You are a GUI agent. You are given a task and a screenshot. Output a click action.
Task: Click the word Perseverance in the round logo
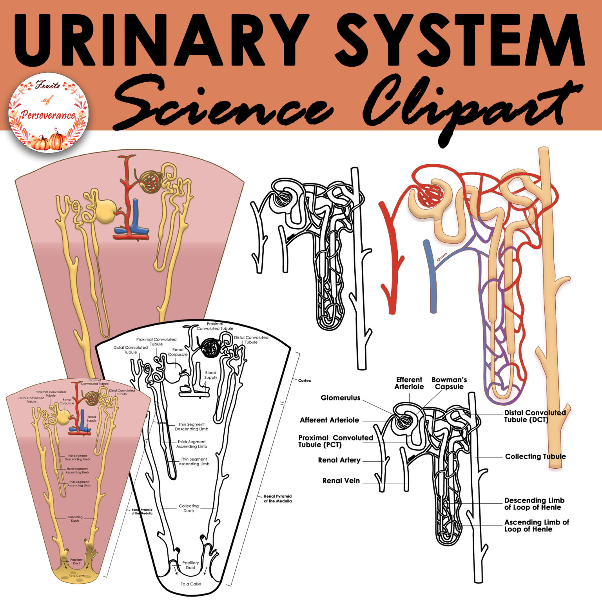48,115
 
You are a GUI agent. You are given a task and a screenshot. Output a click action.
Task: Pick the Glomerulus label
340,398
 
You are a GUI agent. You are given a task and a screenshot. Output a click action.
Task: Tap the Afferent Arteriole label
329,420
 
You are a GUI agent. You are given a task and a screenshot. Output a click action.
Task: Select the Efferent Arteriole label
409,383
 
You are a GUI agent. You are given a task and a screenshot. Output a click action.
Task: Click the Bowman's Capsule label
449,383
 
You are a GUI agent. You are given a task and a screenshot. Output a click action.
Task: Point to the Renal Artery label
339,460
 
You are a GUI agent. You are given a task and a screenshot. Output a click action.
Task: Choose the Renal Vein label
341,481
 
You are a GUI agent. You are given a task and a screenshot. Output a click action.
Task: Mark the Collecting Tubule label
535,457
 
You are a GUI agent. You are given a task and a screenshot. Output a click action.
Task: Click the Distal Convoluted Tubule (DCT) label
535,416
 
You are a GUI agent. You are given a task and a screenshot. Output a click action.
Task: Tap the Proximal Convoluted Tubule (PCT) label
335,441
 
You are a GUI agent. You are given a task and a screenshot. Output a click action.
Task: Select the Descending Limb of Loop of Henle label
534,504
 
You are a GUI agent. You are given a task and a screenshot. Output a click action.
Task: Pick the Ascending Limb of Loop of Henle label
536,526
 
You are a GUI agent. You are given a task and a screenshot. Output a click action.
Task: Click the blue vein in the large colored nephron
433,282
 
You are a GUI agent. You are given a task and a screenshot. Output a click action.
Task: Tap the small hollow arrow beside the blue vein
442,257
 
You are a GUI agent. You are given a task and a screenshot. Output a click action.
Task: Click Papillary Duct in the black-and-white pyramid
190,565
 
